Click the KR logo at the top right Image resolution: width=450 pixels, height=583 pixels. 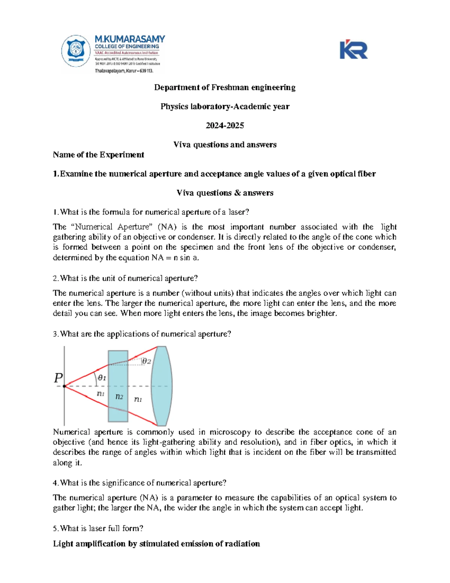[353, 50]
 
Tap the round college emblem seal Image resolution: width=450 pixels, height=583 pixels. [76, 51]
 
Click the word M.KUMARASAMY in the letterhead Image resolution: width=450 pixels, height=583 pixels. [130, 39]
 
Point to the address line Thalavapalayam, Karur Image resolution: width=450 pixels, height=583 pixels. [124, 71]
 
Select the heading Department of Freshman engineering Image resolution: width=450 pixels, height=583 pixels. [225, 87]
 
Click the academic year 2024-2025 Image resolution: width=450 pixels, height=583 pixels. [225, 125]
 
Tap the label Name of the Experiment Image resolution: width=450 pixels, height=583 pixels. [98, 155]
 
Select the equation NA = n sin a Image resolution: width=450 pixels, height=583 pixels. [175, 258]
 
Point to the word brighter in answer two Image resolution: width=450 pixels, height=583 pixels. [322, 313]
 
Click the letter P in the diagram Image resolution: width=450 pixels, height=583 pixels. [58, 378]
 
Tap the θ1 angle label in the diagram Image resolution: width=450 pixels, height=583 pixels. [102, 378]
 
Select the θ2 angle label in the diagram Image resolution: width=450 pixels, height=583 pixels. [146, 361]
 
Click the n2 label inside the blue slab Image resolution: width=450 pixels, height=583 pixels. [119, 396]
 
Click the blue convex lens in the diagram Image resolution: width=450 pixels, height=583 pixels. [162, 386]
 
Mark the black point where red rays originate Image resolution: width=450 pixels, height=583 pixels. [64, 386]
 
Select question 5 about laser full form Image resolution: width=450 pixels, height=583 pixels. [98, 529]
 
